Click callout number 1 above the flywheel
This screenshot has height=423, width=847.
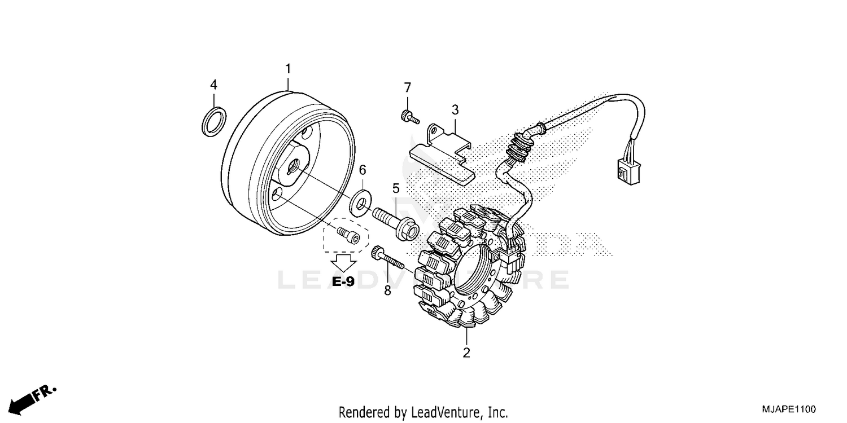pos(288,69)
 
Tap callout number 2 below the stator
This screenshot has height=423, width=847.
pos(466,354)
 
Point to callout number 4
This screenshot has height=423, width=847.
pos(213,85)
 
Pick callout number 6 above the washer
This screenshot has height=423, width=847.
pos(363,170)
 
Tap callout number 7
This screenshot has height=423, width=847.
pos(407,87)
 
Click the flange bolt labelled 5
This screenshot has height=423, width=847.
pos(395,223)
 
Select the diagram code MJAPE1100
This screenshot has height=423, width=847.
pos(788,409)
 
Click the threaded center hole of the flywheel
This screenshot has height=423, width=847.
pos(294,165)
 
